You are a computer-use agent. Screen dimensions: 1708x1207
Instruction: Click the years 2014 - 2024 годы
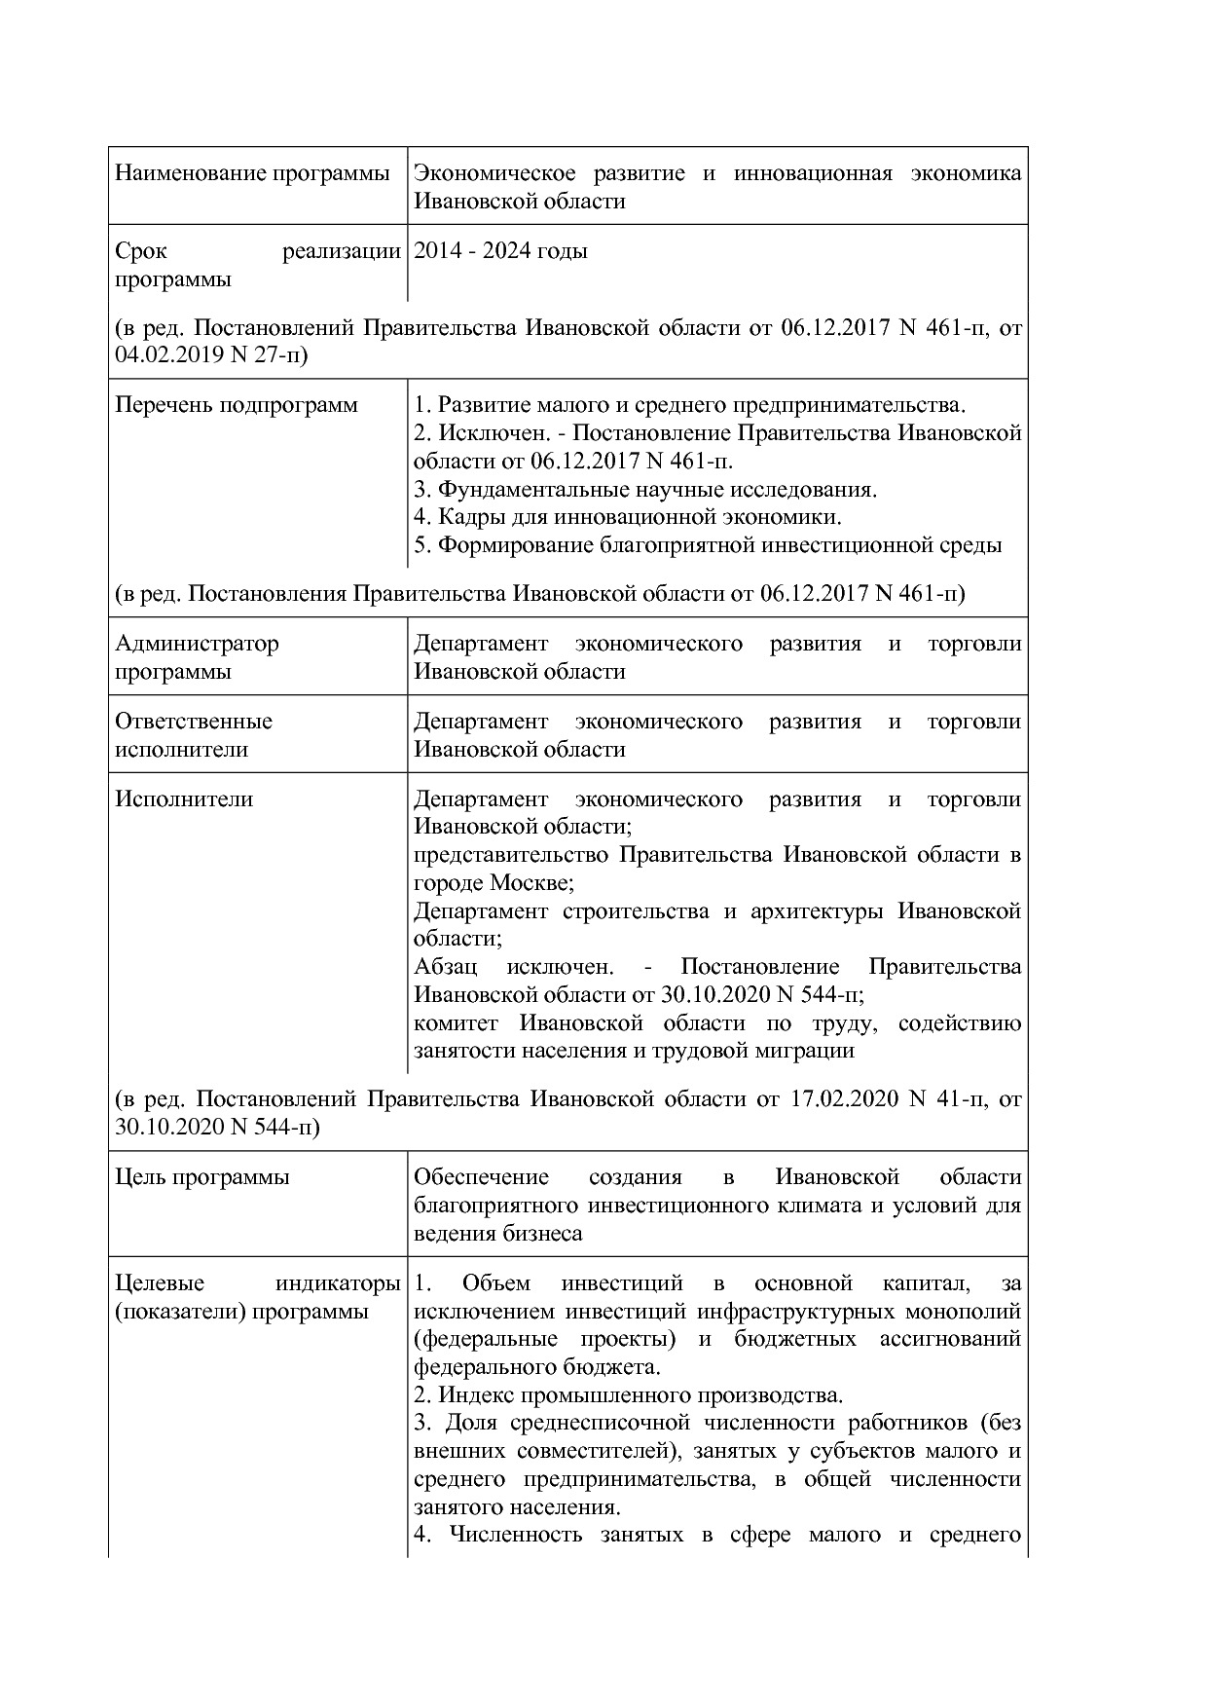point(500,251)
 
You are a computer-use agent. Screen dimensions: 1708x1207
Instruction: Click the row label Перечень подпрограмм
point(237,405)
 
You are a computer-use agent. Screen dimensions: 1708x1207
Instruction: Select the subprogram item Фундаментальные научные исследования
point(646,489)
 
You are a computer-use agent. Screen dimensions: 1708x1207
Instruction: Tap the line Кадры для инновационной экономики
point(628,517)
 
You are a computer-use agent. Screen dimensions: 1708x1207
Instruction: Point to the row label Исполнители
point(184,799)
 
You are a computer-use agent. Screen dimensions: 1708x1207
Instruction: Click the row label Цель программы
point(202,1177)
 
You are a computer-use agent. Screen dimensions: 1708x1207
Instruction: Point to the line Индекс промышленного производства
point(628,1395)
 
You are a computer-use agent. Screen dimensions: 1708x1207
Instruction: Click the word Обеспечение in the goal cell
point(481,1177)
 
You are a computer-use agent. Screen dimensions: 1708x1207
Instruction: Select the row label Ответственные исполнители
point(194,735)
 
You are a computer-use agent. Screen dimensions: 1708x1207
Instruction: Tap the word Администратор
point(197,644)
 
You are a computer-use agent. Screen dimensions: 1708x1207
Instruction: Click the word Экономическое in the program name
point(494,173)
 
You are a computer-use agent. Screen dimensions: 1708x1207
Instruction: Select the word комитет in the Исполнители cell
point(456,1023)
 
